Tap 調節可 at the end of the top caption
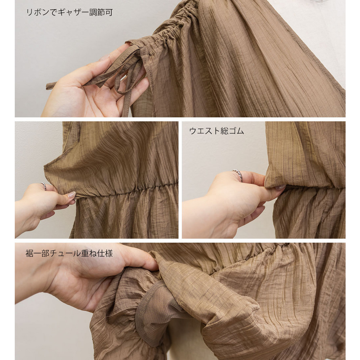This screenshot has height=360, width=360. pyautogui.click(x=101, y=12)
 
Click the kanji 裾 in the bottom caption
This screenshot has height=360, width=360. pyautogui.click(x=30, y=253)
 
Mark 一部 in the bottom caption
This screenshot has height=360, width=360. pyautogui.click(x=41, y=253)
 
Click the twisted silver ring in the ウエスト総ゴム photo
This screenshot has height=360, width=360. pyautogui.click(x=238, y=175)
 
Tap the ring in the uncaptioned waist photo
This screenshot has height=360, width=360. pyautogui.click(x=44, y=186)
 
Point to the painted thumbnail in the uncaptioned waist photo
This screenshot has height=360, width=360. pyautogui.click(x=71, y=195)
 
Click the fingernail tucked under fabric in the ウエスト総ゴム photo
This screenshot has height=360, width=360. pyautogui.click(x=280, y=188)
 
